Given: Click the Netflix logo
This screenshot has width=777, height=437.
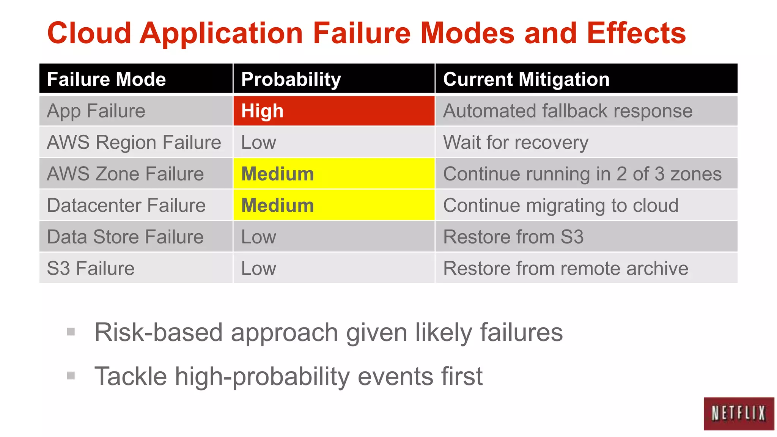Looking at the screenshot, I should click(x=738, y=413).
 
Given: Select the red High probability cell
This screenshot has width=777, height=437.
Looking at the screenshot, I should click(x=333, y=111).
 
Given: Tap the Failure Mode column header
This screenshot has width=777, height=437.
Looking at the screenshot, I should click(x=135, y=79).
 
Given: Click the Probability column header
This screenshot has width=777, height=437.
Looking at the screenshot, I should click(x=333, y=79).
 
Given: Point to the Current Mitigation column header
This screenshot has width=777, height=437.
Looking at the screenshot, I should click(x=586, y=79).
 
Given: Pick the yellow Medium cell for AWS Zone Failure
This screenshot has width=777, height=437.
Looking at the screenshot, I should click(x=333, y=174).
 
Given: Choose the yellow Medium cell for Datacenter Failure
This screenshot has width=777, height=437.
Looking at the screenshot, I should click(x=333, y=205).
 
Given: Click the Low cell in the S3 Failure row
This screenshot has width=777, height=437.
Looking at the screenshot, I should click(x=333, y=268).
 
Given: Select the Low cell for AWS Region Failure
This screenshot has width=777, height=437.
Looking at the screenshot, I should click(x=333, y=142).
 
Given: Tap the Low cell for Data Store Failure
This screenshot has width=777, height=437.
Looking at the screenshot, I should click(x=333, y=237).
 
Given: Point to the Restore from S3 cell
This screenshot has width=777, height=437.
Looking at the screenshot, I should click(x=586, y=237).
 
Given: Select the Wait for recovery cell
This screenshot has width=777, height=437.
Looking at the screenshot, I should click(x=586, y=142).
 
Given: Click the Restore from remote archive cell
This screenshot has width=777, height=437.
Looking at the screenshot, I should click(x=586, y=268).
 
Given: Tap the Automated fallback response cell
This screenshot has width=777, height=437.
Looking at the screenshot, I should click(x=586, y=111).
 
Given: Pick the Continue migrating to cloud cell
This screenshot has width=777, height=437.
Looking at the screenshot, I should click(x=586, y=205).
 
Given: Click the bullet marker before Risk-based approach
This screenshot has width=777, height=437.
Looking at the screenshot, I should click(x=71, y=332).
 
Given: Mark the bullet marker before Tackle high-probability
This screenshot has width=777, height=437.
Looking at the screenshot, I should click(x=71, y=376).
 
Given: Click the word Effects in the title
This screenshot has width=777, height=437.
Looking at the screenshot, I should click(x=636, y=33).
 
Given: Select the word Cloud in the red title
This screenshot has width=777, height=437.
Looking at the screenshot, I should click(x=89, y=33).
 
